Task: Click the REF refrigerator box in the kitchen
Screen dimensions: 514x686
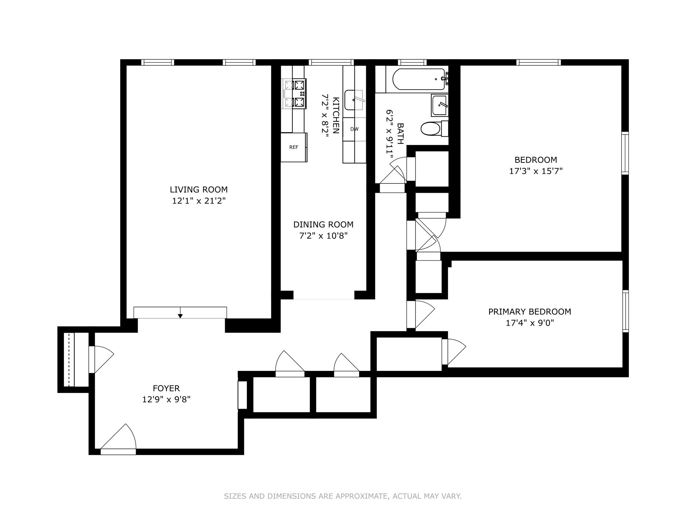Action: point(293,147)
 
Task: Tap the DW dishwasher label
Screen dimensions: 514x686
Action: point(354,129)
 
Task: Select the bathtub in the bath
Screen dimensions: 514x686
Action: point(418,79)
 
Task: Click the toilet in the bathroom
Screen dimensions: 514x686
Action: point(431,129)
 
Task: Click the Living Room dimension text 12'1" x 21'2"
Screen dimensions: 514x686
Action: point(199,201)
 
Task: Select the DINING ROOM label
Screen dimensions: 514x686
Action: point(323,225)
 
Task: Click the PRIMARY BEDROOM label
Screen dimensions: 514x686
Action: point(530,312)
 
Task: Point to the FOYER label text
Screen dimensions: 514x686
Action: point(166,388)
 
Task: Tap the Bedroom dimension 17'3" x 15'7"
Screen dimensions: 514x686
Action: point(536,171)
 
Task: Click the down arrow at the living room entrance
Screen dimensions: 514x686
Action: point(180,315)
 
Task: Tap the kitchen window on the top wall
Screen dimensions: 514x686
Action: point(331,62)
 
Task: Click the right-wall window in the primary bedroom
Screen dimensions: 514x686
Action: point(625,311)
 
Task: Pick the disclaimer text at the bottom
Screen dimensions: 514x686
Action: point(343,496)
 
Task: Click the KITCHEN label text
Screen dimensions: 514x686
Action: point(336,115)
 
